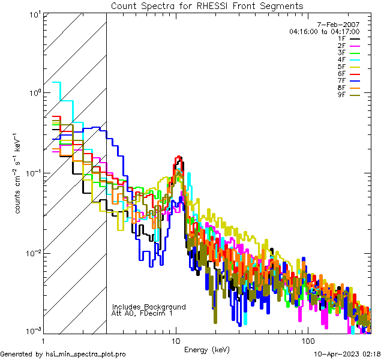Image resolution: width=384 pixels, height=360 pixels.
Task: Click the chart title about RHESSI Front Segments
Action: [x=207, y=5]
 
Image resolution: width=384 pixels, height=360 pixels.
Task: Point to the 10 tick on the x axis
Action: [x=176, y=340]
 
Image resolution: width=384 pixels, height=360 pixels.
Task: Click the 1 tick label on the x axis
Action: [x=43, y=340]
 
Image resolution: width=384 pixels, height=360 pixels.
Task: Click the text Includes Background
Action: [x=149, y=307]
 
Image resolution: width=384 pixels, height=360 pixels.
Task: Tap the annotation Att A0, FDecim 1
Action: [x=142, y=313]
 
